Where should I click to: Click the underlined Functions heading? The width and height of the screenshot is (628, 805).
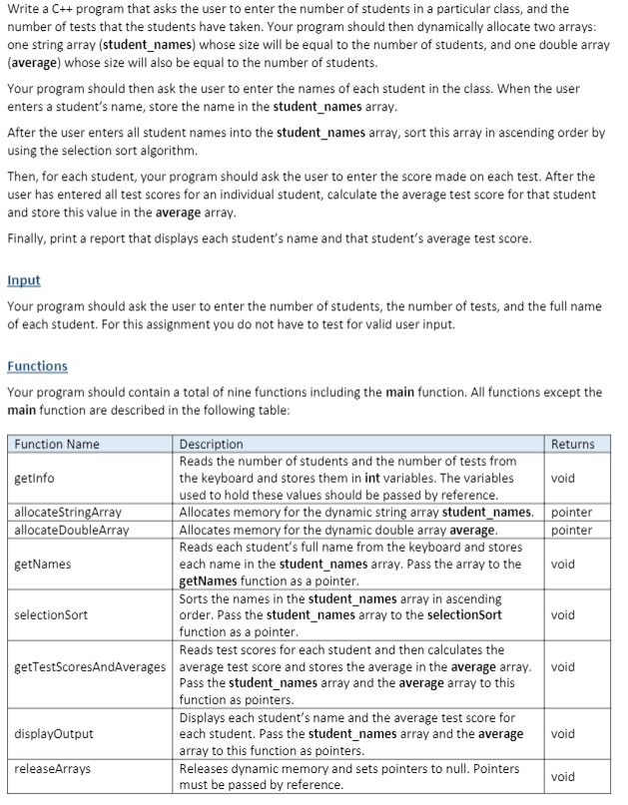37,366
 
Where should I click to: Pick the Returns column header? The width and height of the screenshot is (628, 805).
572,444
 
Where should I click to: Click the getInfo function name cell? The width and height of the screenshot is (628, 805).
35,478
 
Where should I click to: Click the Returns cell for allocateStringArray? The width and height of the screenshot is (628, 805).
572,512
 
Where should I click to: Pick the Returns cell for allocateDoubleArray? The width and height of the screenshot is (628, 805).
572,529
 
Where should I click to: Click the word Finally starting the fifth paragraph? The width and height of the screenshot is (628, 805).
27,238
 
